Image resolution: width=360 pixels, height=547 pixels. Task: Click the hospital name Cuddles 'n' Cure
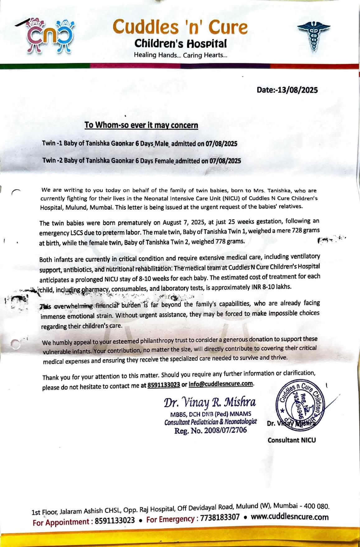coord(180,27)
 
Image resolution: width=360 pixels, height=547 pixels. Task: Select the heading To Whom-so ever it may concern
coord(141,125)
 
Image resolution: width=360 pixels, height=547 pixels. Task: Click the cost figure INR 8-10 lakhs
coord(271,287)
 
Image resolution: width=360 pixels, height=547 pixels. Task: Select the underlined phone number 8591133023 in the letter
coord(164,385)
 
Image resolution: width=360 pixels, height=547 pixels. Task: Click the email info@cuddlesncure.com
coord(221,384)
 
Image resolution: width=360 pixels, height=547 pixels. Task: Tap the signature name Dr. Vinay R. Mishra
coord(210,403)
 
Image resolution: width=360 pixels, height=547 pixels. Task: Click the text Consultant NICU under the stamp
coord(292,440)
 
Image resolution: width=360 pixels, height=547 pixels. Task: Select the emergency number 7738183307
coord(220,518)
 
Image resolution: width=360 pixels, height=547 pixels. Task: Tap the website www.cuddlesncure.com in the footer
coord(290,517)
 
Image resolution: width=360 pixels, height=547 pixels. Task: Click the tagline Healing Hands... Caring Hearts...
coord(180,55)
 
